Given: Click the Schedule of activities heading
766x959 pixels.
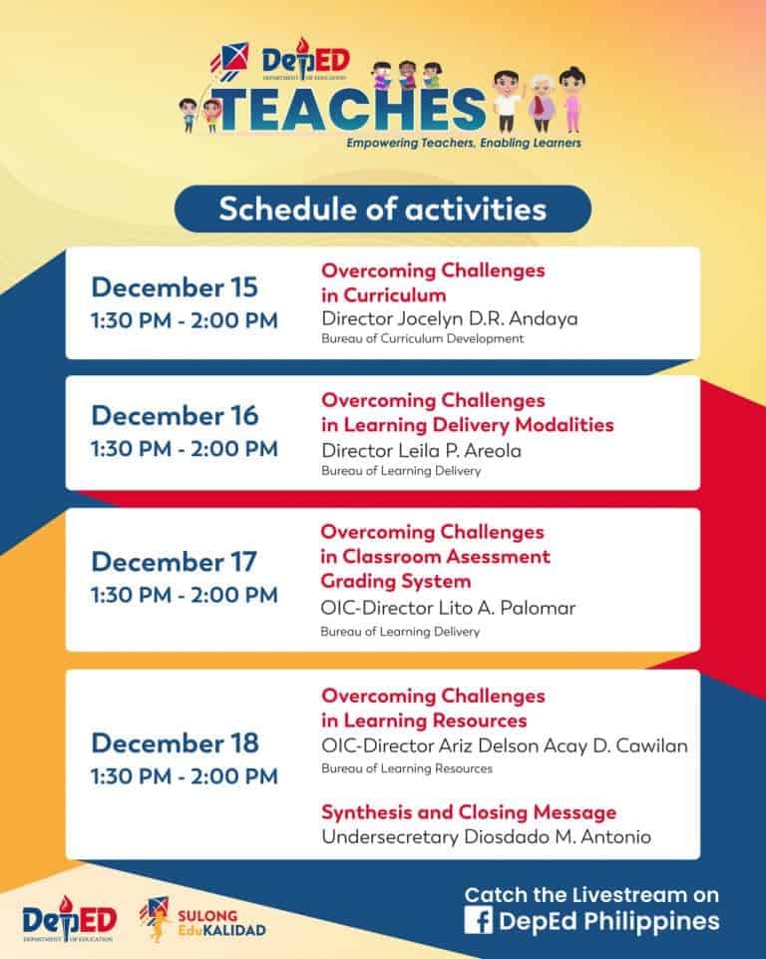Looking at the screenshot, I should pos(382,210).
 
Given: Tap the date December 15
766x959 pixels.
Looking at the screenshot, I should pos(175,287).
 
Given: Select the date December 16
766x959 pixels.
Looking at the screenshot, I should pos(175,414).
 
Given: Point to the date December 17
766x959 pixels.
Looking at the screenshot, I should pos(175,561).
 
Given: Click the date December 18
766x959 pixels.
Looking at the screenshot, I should pos(175,742).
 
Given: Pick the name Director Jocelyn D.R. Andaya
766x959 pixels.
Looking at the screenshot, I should pos(450,318).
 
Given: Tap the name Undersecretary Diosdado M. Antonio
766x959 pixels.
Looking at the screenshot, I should pos(486,836).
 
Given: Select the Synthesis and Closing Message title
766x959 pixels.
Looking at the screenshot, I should pos(468,811).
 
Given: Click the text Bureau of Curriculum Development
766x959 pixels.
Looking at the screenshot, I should pos(422,339).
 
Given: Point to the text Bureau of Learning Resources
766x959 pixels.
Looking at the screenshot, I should pos(406,769).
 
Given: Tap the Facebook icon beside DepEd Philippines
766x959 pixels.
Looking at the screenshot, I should pos(477,921).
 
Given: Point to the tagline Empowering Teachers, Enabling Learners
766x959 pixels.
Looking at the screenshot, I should pos(464,144).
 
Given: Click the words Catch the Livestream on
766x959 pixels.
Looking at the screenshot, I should pos(591,894).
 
